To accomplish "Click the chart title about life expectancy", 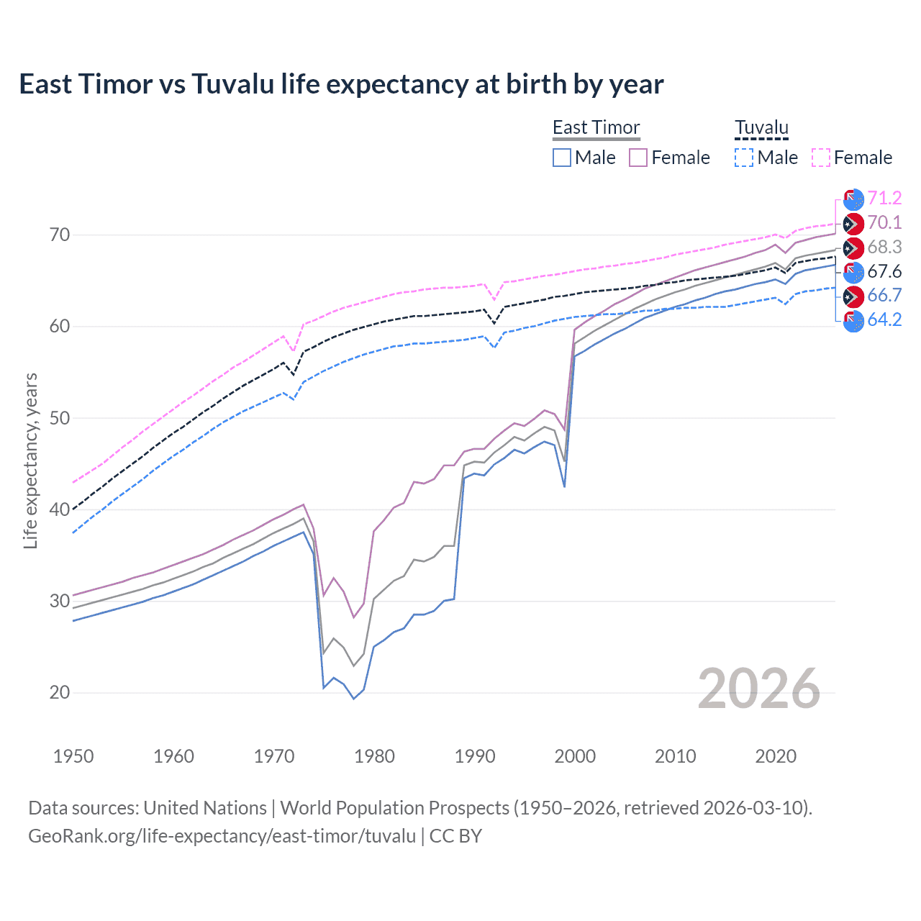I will pyautogui.click(x=341, y=84).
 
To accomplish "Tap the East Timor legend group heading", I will pyautogui.click(x=596, y=127).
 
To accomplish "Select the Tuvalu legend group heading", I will pyautogui.click(x=761, y=127).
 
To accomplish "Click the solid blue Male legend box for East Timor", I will pyautogui.click(x=562, y=158).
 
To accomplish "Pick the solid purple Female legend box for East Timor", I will pyautogui.click(x=638, y=158).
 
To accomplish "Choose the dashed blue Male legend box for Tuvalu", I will pyautogui.click(x=744, y=158).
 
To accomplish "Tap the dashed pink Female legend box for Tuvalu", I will pyautogui.click(x=821, y=158).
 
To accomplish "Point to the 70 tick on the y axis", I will pyautogui.click(x=60, y=235).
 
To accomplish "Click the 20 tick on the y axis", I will pyautogui.click(x=60, y=692).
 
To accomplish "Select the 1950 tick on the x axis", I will pyautogui.click(x=73, y=756).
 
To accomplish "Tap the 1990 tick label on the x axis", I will pyautogui.click(x=475, y=756).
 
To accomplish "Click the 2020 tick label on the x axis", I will pyautogui.click(x=776, y=756).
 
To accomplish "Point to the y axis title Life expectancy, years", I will pyautogui.click(x=30, y=460).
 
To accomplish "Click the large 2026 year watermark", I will pyautogui.click(x=758, y=689).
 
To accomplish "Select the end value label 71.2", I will pyautogui.click(x=884, y=198).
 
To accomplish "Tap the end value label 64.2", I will pyautogui.click(x=884, y=319).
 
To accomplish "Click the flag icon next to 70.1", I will pyautogui.click(x=853, y=223).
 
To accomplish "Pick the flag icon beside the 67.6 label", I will pyautogui.click(x=853, y=272).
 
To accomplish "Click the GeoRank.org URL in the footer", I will pyautogui.click(x=222, y=836).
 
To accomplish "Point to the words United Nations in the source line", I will pyautogui.click(x=205, y=808).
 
